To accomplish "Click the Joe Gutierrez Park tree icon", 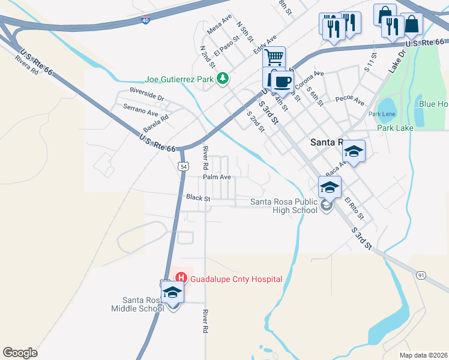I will click(x=223, y=78).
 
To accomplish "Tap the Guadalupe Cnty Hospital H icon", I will click(x=181, y=278).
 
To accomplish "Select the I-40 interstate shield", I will click(x=145, y=20).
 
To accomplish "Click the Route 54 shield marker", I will click(x=182, y=166).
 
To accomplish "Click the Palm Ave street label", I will click(x=217, y=178).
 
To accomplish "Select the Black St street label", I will click(x=197, y=197).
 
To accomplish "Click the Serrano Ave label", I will click(x=140, y=110).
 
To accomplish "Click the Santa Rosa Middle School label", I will click(x=143, y=304).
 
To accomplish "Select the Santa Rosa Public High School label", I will click(x=284, y=206).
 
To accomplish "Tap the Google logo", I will click(x=20, y=352).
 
